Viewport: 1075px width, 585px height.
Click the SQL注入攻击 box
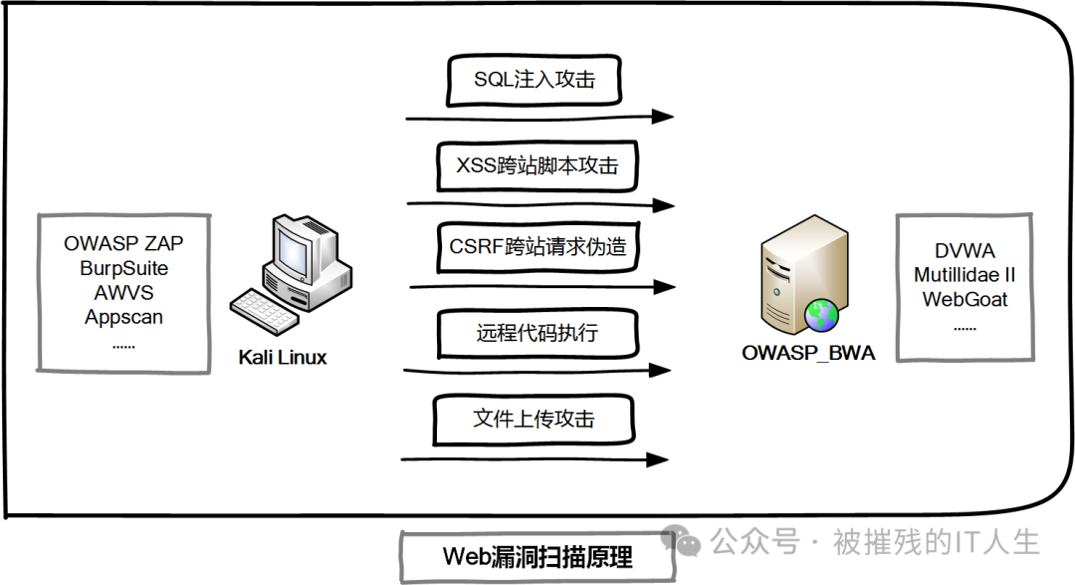point(535,81)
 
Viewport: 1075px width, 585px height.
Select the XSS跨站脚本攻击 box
point(537,165)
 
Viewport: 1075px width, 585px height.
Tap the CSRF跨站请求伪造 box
point(537,246)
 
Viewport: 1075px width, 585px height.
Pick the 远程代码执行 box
point(537,332)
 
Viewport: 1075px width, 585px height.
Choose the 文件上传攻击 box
point(535,419)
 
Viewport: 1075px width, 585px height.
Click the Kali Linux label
point(283,357)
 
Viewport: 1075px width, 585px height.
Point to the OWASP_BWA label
point(808,352)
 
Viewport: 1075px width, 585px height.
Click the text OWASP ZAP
point(123,243)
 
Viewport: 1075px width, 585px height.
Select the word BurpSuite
point(123,268)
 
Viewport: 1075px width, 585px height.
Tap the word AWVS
point(123,293)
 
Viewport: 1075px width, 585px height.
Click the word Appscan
point(123,318)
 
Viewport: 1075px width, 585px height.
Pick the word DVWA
point(965,250)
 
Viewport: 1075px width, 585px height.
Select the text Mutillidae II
point(965,274)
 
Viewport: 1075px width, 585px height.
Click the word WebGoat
point(965,299)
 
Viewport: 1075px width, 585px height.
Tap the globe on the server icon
point(822,315)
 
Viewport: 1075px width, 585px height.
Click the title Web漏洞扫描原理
point(537,556)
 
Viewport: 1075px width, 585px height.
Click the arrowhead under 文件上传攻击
point(657,459)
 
